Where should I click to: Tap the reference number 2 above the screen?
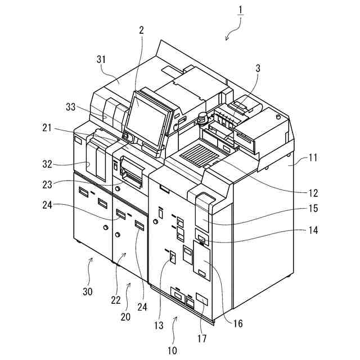pos(141,31)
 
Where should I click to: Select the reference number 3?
pos(257,69)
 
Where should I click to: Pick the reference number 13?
pos(159,325)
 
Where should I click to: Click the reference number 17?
pos(201,339)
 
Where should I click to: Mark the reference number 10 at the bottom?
pos(172,350)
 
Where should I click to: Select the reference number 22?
pos(115,300)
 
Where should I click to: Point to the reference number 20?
pos(125,317)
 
